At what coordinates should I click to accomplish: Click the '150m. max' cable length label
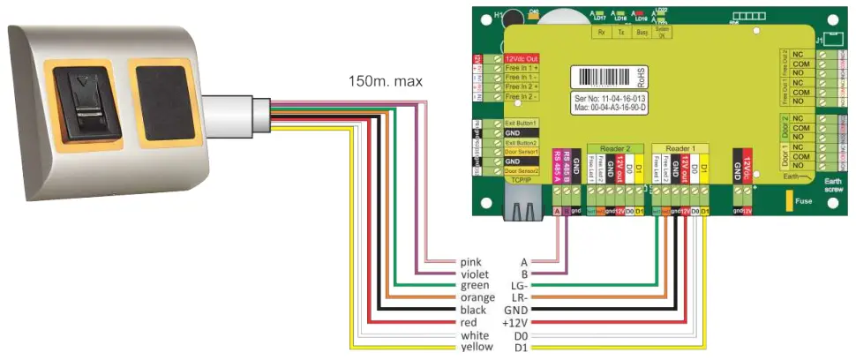385,81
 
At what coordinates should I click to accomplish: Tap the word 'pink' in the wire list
473,262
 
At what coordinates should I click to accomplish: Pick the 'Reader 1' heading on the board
681,148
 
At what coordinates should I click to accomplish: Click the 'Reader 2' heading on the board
615,148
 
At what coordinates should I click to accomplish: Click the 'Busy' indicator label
642,33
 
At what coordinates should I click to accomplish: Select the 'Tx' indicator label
620,33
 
